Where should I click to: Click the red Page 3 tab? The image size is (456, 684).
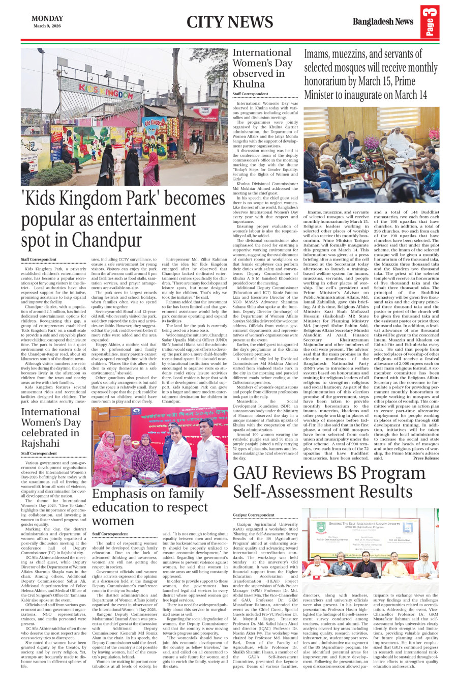[x=430, y=22]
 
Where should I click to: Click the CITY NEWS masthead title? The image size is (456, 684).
[x=230, y=22]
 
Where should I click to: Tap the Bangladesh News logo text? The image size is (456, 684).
[x=383, y=22]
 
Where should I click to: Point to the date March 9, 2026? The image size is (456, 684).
[x=47, y=26]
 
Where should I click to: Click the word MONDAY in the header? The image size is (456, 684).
[x=47, y=18]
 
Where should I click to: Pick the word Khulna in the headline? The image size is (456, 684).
[x=249, y=84]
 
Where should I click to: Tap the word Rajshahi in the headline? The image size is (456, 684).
[x=40, y=443]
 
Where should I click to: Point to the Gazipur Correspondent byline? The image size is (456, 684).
[x=254, y=515]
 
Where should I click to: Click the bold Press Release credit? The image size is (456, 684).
[x=426, y=458]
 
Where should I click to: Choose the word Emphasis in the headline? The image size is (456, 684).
[x=121, y=494]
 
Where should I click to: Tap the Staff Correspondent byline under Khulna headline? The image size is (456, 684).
[x=250, y=94]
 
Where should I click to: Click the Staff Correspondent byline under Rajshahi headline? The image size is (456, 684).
[x=39, y=453]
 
